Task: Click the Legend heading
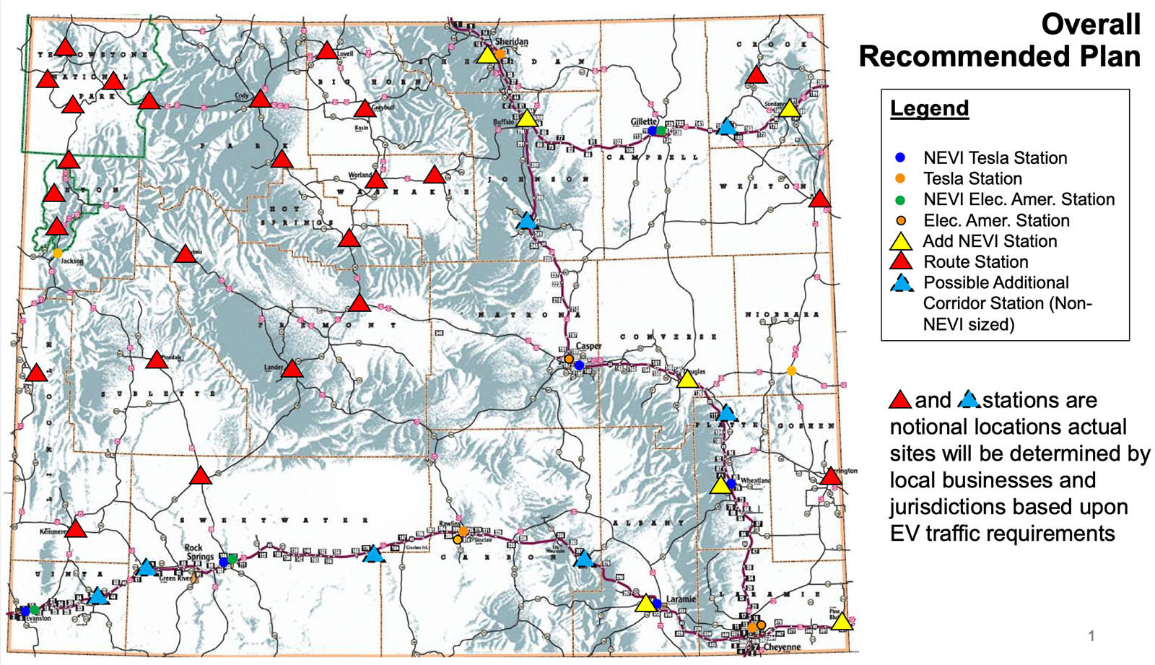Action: [x=929, y=108]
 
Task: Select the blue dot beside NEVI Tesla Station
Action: [x=899, y=157]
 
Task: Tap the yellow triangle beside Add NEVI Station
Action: [x=901, y=242]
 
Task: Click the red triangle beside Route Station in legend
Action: [x=901, y=262]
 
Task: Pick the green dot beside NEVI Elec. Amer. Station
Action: [x=899, y=199]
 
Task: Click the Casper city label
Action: [x=588, y=346]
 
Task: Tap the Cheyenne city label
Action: [x=782, y=647]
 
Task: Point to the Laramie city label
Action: [x=681, y=599]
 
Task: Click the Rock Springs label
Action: [x=199, y=552]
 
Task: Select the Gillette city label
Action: [x=644, y=121]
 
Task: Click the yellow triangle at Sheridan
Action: [x=487, y=56]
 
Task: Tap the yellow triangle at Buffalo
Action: [x=528, y=118]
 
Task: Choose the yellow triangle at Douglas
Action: [x=687, y=380]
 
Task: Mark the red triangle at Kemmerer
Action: [x=76, y=529]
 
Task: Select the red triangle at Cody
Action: [x=261, y=99]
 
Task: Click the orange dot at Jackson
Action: [x=57, y=253]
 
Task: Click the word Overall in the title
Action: [x=1090, y=25]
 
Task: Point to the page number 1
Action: [x=1091, y=635]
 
